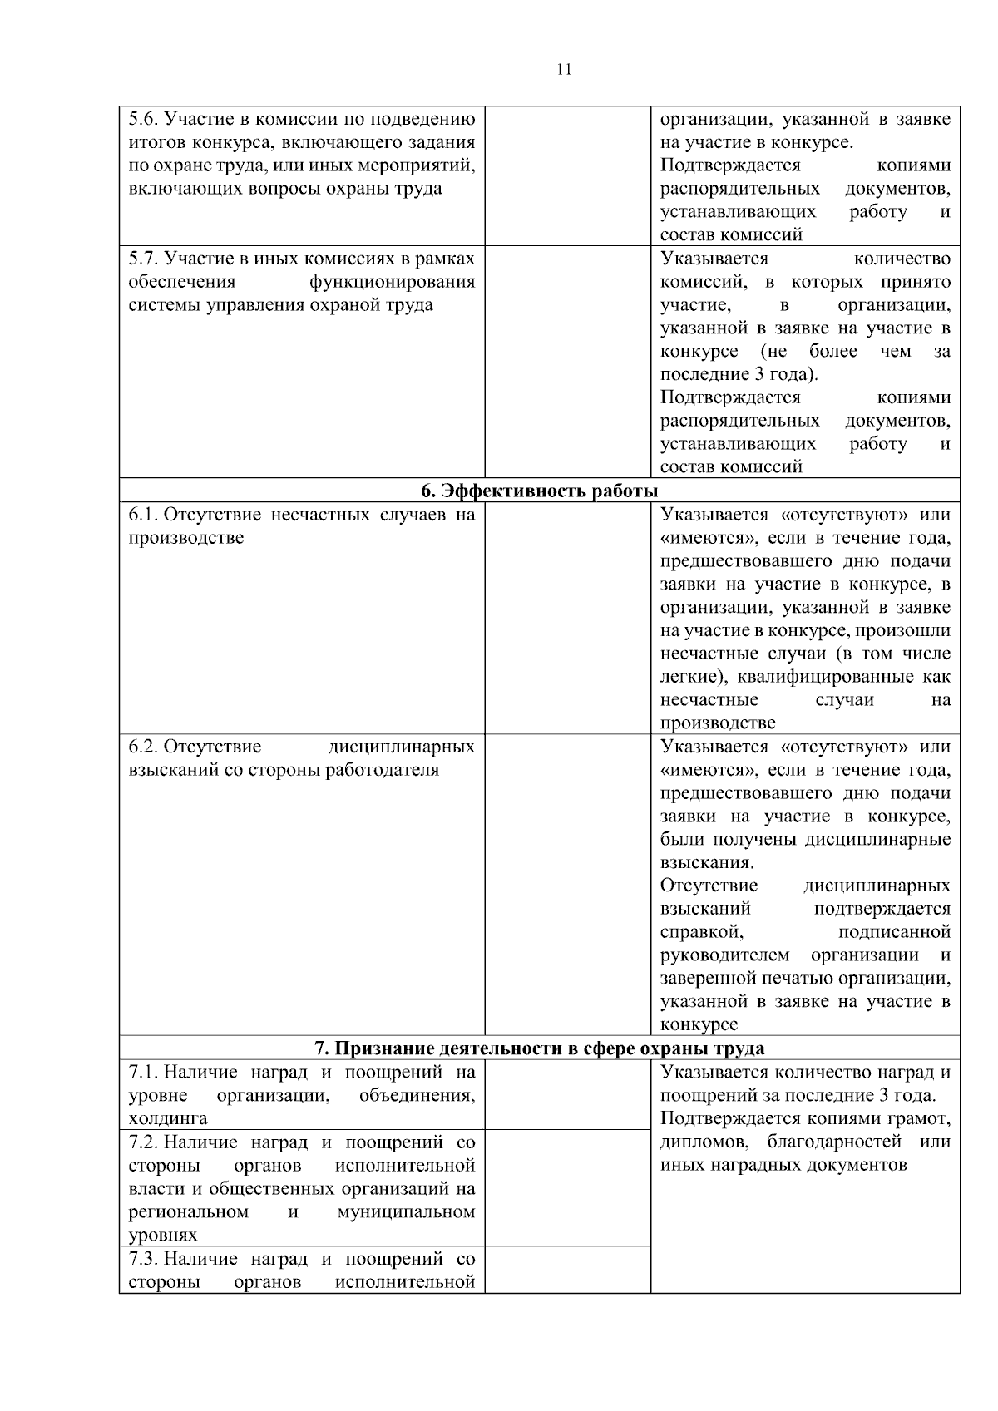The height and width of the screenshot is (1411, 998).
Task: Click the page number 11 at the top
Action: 563,70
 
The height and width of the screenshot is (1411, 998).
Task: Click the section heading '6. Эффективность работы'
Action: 539,491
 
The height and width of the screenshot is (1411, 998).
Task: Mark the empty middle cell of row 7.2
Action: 567,1187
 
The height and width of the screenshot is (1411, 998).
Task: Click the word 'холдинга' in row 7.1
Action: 168,1118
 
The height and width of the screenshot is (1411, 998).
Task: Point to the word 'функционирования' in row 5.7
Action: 392,281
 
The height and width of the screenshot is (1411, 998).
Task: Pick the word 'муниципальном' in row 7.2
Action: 406,1211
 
